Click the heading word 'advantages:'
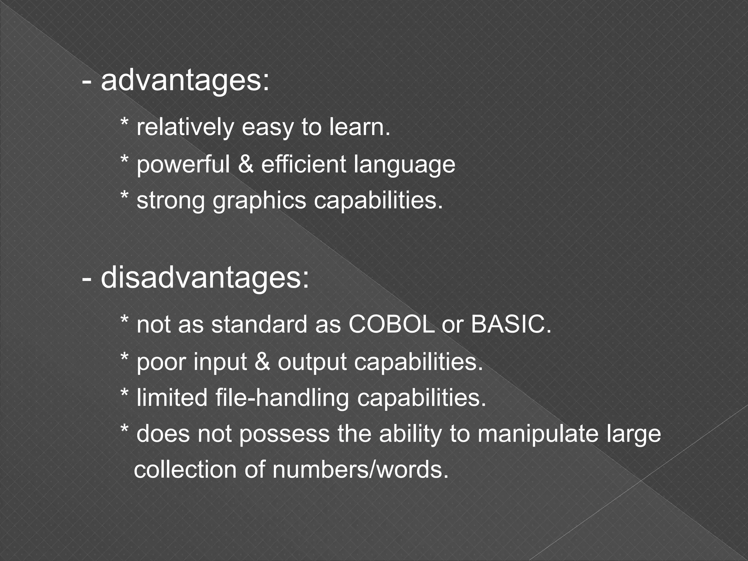[x=185, y=81]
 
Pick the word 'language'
[x=405, y=165]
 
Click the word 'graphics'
[x=259, y=201]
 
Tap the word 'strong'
[x=171, y=201]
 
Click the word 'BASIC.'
[x=511, y=324]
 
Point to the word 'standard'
[x=259, y=324]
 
